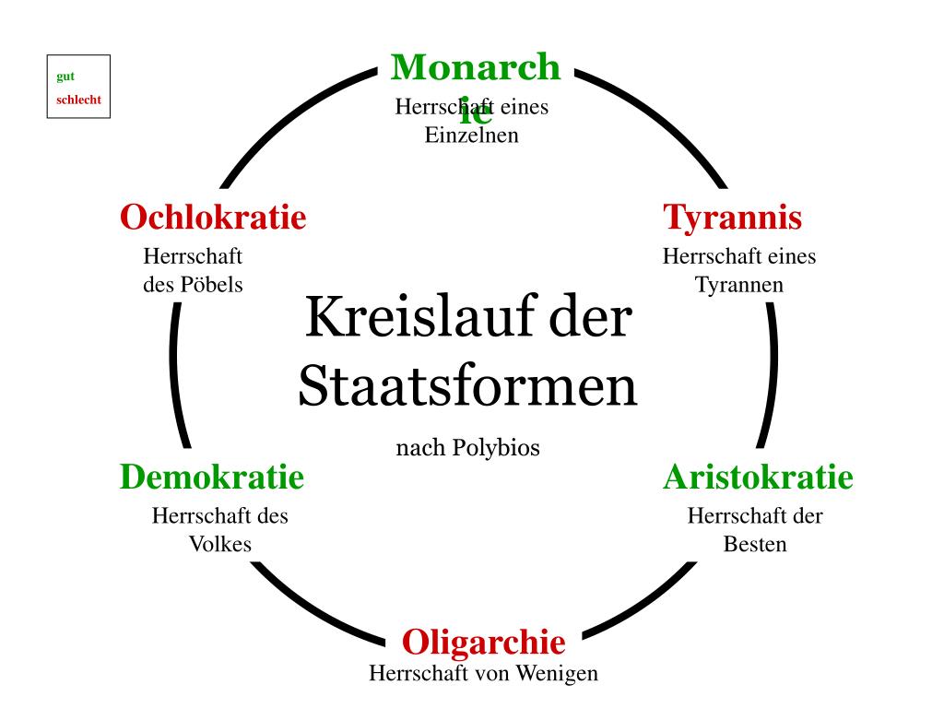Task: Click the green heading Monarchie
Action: coord(475,69)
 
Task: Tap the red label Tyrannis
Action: coord(733,218)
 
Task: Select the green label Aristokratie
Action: coord(758,478)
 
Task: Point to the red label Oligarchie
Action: coord(483,641)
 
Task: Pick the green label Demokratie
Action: coord(211,478)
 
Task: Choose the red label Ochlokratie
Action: coord(213,218)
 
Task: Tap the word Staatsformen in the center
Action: coord(467,387)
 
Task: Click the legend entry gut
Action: coord(65,77)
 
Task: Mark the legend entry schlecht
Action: coord(78,100)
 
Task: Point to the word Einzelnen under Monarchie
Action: coord(471,136)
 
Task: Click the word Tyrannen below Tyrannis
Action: coord(739,285)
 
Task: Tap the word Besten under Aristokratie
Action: coord(755,544)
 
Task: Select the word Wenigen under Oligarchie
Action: coord(556,674)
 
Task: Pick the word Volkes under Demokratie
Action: coord(220,544)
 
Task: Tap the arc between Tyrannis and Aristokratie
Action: coord(771,373)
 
